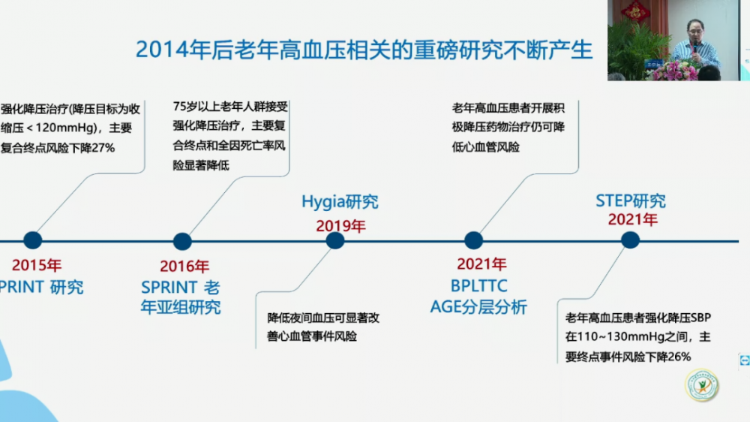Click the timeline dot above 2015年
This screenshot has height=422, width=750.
click(32, 240)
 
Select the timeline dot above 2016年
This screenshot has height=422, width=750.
click(182, 241)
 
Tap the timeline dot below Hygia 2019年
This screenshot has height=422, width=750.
click(335, 240)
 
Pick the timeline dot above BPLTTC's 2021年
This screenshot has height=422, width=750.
click(473, 240)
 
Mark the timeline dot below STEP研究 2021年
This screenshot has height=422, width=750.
click(631, 240)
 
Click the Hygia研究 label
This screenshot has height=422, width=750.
click(340, 202)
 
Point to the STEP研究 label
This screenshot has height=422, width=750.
click(631, 200)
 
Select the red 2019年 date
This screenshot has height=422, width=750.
click(340, 225)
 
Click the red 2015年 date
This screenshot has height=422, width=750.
click(37, 265)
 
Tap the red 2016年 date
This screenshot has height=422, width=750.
click(184, 266)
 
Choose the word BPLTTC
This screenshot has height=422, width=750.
click(478, 286)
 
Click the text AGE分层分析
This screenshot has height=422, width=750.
click(478, 306)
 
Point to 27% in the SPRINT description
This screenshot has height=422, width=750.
click(103, 148)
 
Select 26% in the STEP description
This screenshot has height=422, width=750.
click(679, 357)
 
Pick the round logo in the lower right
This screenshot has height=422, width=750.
click(702, 384)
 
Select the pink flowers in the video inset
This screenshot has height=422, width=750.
click(676, 71)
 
